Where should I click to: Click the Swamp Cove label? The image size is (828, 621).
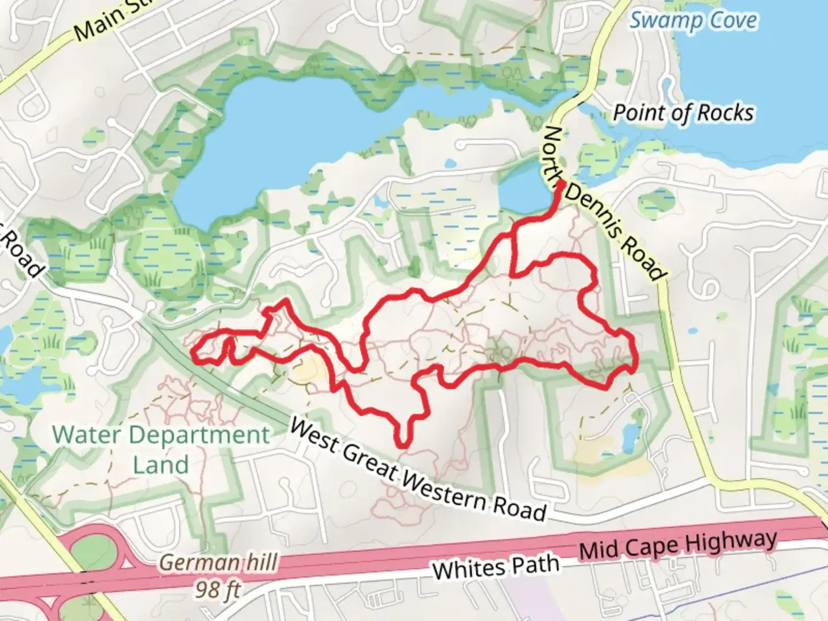[693, 22]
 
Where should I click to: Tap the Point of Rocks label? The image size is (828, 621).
[683, 113]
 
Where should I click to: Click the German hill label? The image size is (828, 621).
[218, 562]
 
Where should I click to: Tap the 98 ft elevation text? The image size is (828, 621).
[217, 589]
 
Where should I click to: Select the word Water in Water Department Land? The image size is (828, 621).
[86, 435]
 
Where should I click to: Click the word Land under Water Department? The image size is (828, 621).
[161, 465]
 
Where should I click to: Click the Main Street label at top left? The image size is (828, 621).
[103, 23]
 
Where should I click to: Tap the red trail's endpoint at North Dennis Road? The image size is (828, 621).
[560, 185]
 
